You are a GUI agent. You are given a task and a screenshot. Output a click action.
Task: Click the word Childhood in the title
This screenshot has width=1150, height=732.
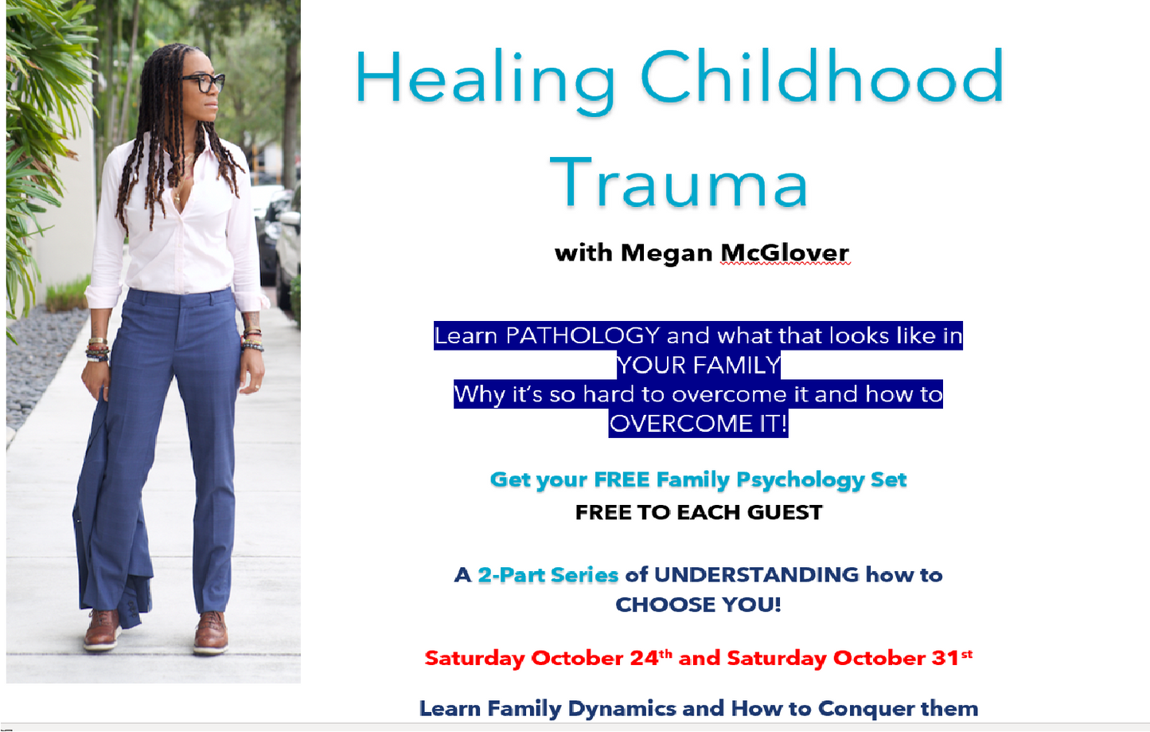click(822, 78)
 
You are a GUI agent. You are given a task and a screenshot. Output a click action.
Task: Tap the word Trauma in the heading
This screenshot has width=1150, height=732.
click(679, 184)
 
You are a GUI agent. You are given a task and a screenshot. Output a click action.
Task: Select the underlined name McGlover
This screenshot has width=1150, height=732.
click(785, 253)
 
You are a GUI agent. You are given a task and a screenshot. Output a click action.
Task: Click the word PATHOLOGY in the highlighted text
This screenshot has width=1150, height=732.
click(583, 335)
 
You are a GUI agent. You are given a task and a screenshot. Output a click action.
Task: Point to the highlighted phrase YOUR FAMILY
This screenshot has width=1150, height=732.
click(698, 365)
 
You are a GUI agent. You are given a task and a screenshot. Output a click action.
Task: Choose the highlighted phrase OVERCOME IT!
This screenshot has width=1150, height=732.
click(698, 423)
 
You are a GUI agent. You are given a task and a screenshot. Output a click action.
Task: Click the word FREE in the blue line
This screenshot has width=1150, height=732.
click(622, 480)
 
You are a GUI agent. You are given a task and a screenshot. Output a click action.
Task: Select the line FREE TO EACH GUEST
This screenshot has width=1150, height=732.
click(698, 512)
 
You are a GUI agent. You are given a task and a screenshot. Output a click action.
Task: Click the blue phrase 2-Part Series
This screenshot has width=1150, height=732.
click(548, 575)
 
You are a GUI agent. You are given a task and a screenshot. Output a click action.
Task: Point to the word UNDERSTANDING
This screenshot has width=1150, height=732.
click(756, 575)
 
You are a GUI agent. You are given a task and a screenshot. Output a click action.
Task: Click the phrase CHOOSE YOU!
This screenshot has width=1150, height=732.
click(698, 605)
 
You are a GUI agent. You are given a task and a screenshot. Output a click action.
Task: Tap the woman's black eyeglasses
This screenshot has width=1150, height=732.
click(204, 82)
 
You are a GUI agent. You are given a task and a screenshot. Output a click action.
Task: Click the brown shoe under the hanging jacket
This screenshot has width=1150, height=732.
click(102, 628)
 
